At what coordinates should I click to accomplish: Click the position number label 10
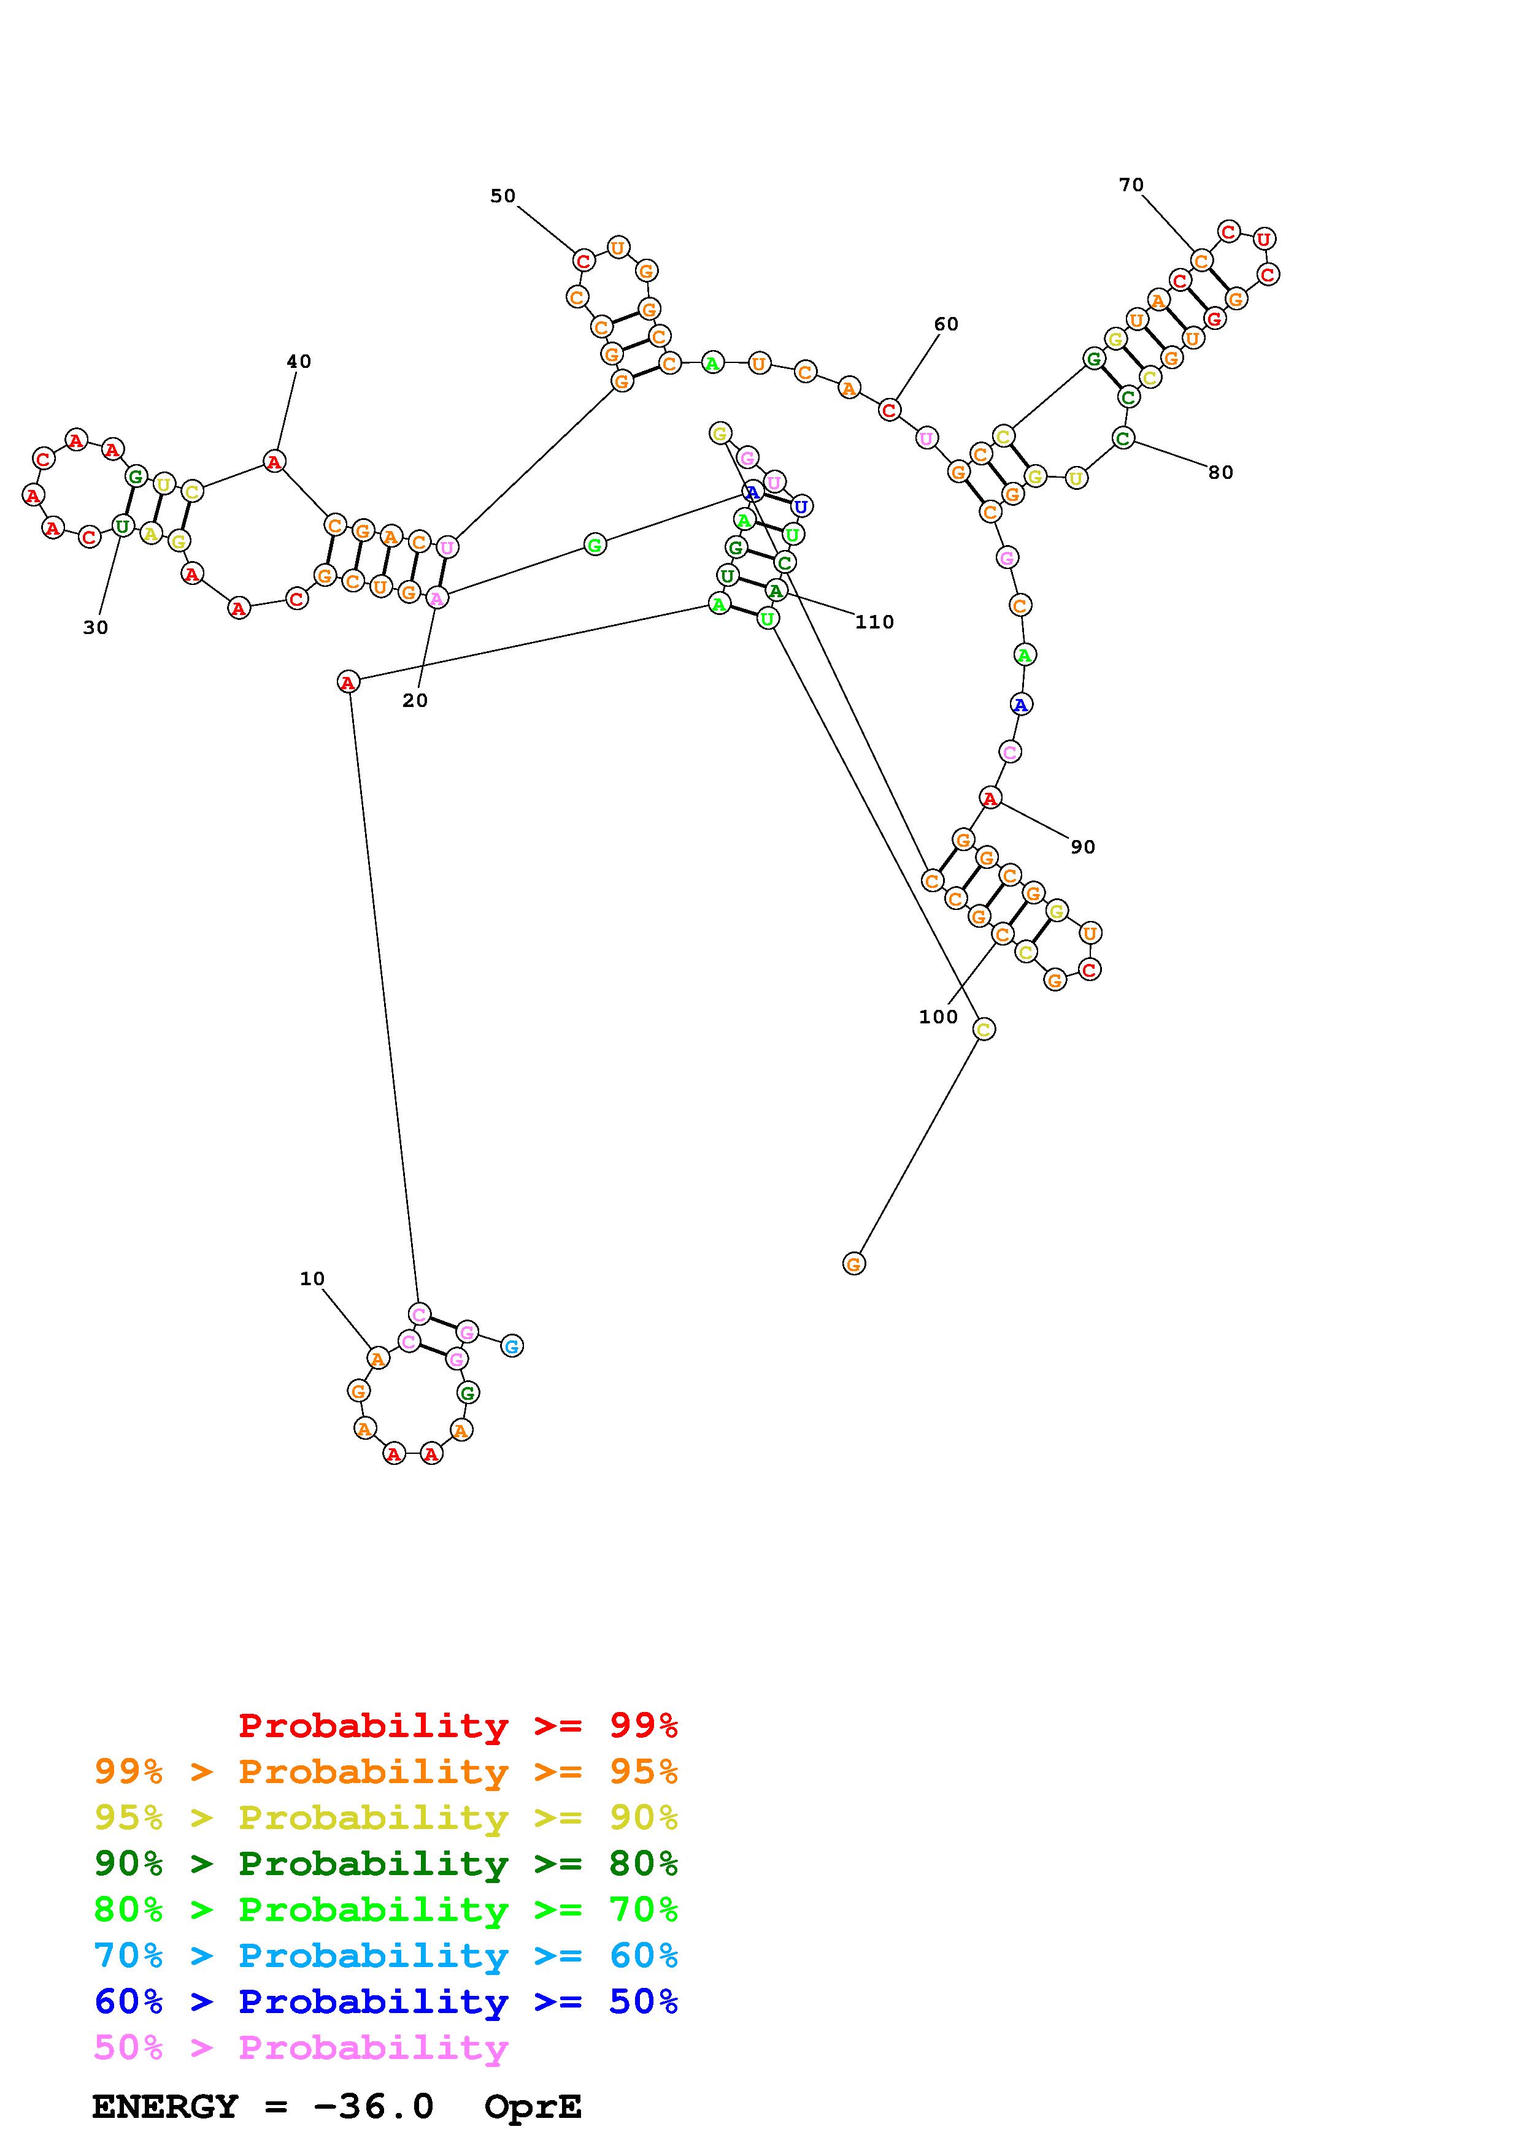(x=312, y=1279)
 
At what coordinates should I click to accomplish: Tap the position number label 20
(x=415, y=701)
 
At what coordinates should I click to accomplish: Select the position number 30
(x=96, y=628)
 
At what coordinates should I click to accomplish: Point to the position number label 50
(x=503, y=196)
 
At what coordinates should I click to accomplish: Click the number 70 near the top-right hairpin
(x=1131, y=186)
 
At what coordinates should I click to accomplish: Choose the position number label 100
(x=938, y=1017)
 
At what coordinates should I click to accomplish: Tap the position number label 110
(x=874, y=622)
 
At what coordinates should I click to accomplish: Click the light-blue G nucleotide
(x=512, y=1347)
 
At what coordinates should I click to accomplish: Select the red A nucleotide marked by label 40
(x=274, y=461)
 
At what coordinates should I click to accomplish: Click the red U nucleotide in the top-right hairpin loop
(x=1263, y=239)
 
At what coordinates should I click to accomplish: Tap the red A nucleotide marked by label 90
(x=990, y=798)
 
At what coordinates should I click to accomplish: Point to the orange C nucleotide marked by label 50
(x=583, y=261)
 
